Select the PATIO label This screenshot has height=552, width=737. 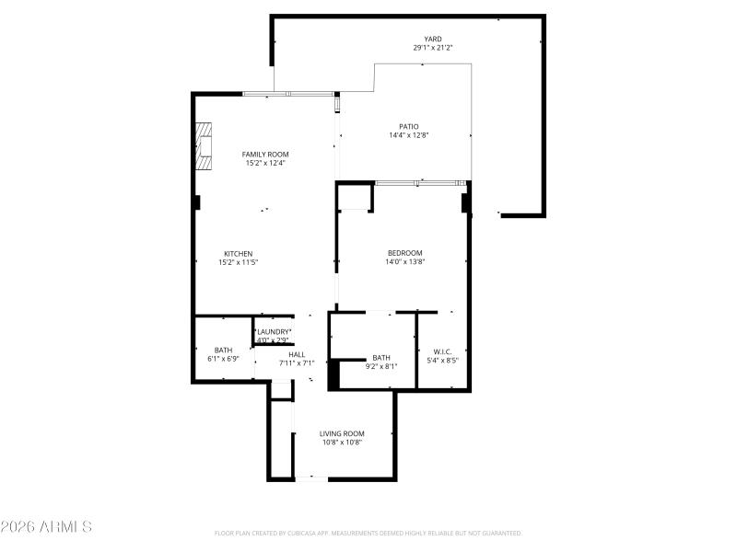pos(408,127)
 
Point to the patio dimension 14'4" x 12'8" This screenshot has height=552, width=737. pos(408,135)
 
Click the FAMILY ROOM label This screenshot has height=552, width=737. pos(265,155)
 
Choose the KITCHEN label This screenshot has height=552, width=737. pos(238,254)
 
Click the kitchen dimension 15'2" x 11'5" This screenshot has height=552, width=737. pos(238,262)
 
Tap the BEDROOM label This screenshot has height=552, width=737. pos(404,253)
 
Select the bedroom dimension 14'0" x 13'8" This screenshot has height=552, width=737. pos(404,261)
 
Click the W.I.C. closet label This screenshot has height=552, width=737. pos(442,351)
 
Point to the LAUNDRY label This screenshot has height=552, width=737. pos(274,331)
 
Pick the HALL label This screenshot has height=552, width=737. pos(297,354)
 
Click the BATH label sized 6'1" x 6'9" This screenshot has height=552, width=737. pos(224,350)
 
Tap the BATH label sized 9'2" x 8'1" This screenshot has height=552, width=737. pos(381,358)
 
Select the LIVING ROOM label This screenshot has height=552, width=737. pos(342,433)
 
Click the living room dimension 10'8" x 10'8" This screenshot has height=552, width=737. pos(342,442)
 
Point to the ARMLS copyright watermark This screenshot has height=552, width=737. pos(46,527)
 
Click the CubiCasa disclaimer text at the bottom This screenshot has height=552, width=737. pos(368,533)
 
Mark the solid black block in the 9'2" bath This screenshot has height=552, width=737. pos(334,374)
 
